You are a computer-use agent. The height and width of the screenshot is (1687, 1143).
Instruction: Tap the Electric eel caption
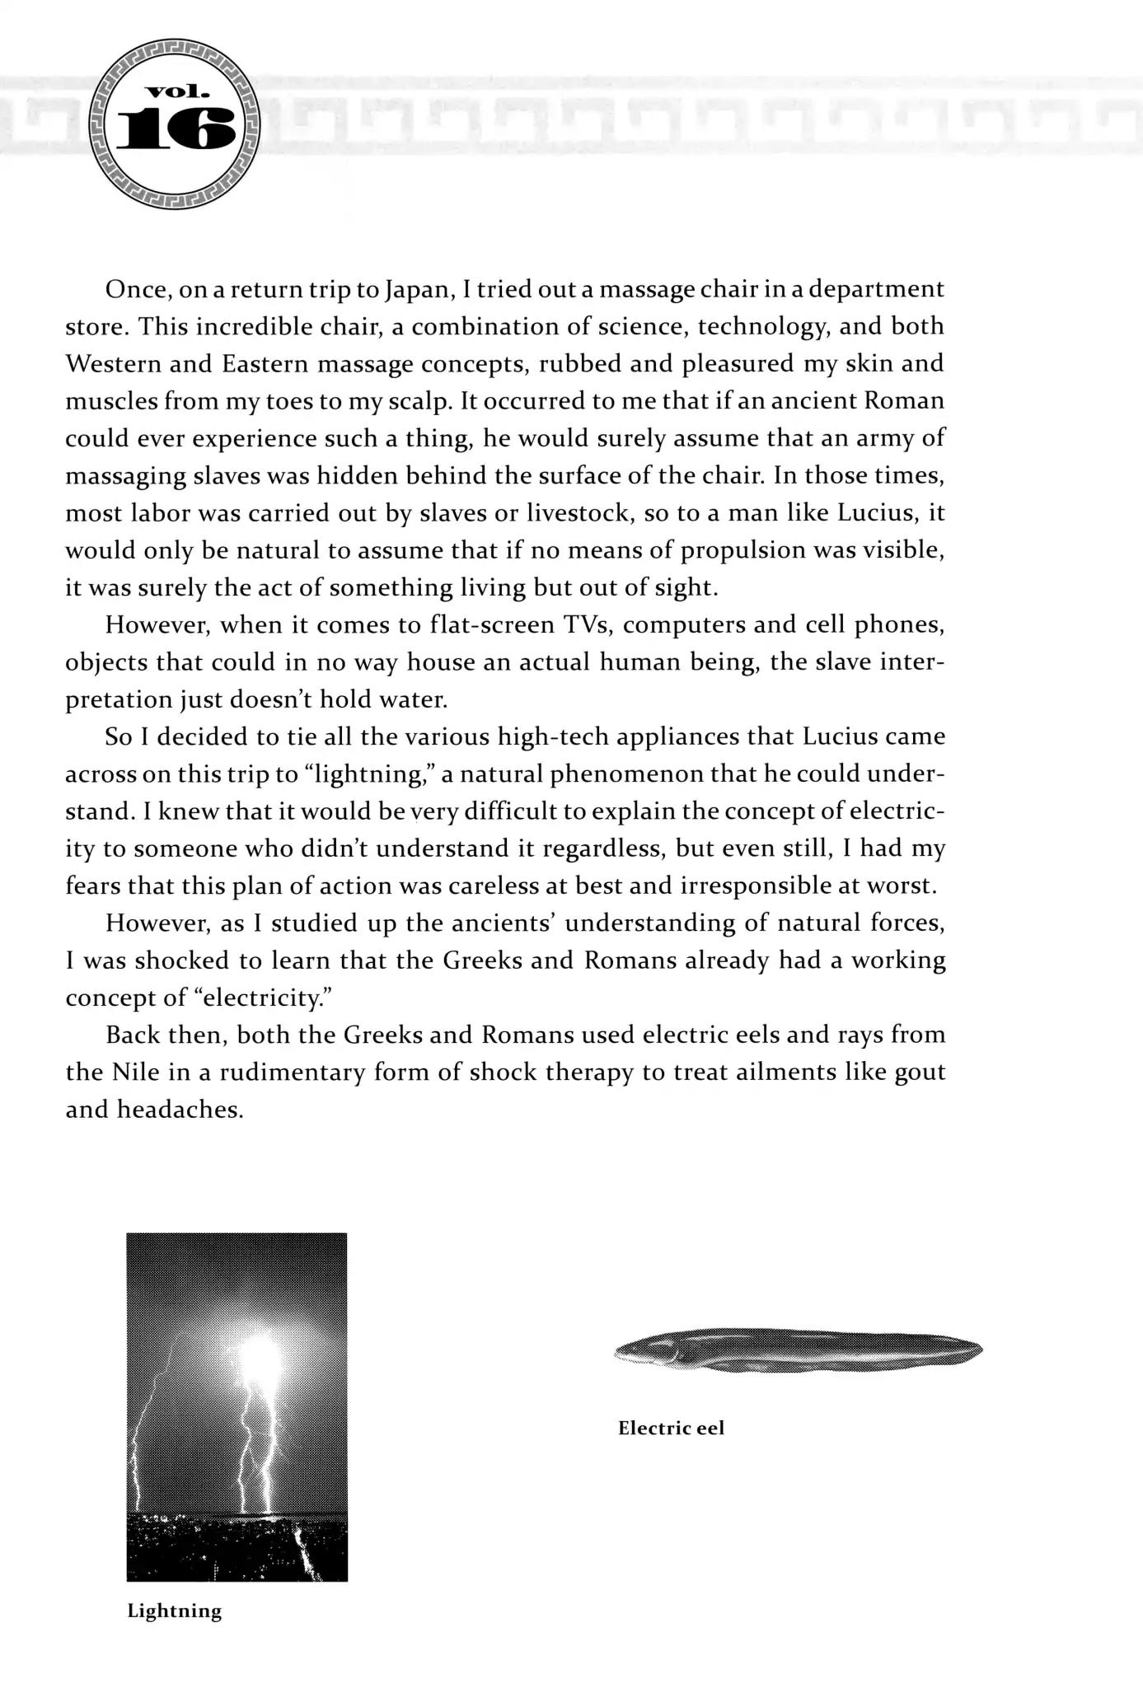tap(671, 1428)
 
